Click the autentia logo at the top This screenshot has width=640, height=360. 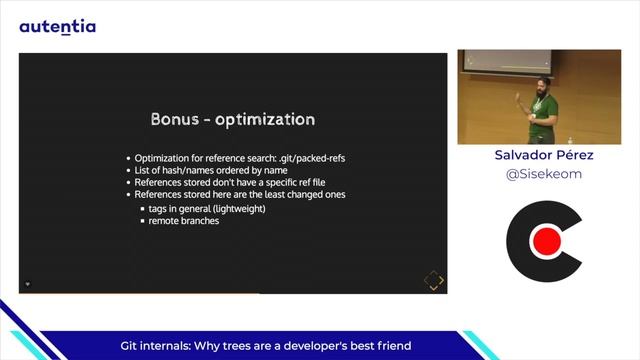(57, 27)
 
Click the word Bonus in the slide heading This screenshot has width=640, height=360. (175, 120)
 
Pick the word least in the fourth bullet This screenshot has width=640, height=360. (278, 194)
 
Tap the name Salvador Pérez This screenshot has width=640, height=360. (544, 155)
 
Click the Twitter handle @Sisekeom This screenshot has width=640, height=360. (544, 173)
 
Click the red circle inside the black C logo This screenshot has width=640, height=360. (546, 241)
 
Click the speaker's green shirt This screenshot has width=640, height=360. (543, 109)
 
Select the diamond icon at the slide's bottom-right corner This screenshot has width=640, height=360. (433, 280)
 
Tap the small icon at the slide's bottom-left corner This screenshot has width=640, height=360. (28, 284)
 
